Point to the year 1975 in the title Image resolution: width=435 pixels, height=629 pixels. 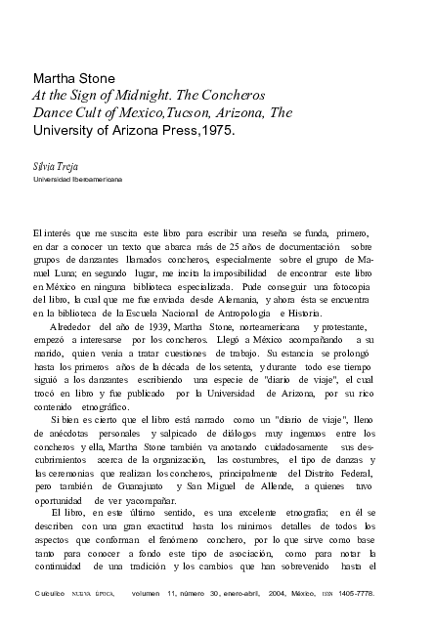pyautogui.click(x=214, y=131)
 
